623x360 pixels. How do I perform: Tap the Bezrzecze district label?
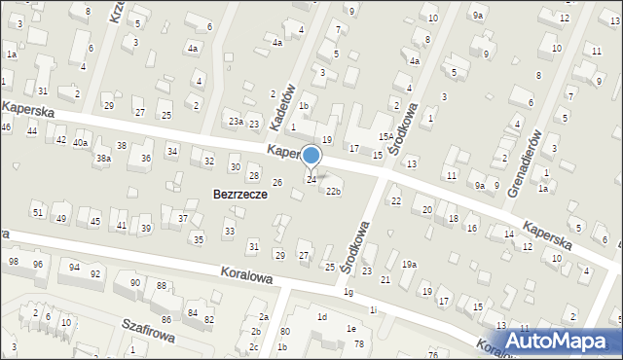240,195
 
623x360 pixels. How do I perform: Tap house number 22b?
333,191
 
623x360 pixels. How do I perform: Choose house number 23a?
236,121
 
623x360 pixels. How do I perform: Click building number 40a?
80,143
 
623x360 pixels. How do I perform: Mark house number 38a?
102,158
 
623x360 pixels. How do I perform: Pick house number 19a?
410,265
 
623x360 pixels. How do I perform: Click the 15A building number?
385,137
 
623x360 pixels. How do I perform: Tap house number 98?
14,262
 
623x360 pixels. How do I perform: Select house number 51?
37,212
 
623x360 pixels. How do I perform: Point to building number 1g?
348,292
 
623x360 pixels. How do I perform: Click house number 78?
358,344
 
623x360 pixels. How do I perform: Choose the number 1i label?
373,309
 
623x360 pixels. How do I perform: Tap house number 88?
161,285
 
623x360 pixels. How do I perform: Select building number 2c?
254,346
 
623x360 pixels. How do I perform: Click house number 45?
94,222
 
